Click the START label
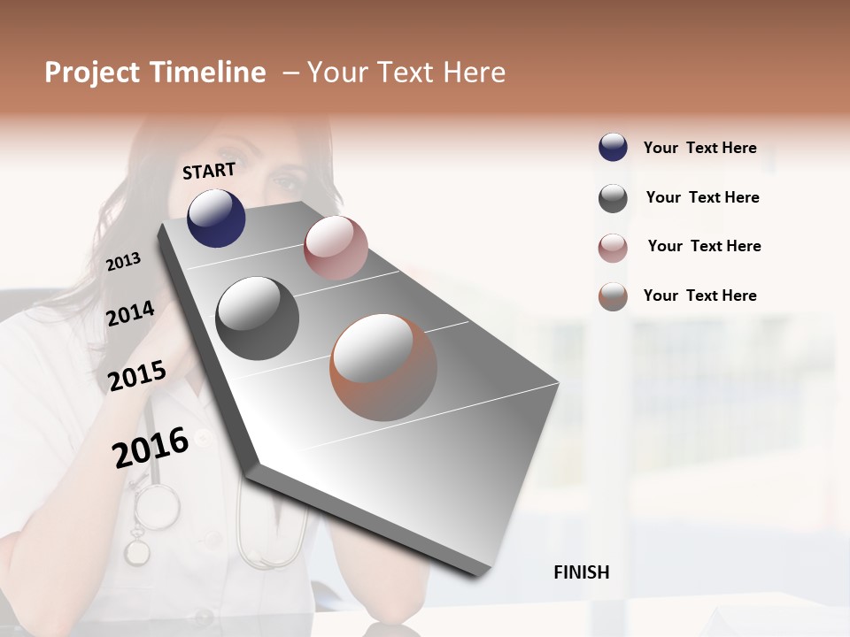pyautogui.click(x=209, y=171)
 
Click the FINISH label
pyautogui.click(x=581, y=572)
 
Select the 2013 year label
pyautogui.click(x=123, y=262)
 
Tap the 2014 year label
pyautogui.click(x=130, y=314)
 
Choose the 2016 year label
pyautogui.click(x=151, y=448)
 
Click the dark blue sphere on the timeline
pyautogui.click(x=216, y=219)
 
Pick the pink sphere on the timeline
pyautogui.click(x=336, y=248)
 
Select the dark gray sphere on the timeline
pyautogui.click(x=258, y=318)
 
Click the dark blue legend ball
pyautogui.click(x=613, y=147)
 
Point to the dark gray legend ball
pyautogui.click(x=613, y=198)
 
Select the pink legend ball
pyautogui.click(x=613, y=248)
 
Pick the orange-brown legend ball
pyautogui.click(x=613, y=296)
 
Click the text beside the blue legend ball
pyautogui.click(x=699, y=148)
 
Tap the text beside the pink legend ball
pyautogui.click(x=704, y=246)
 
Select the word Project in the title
pyautogui.click(x=93, y=73)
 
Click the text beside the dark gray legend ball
pyautogui.click(x=702, y=197)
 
